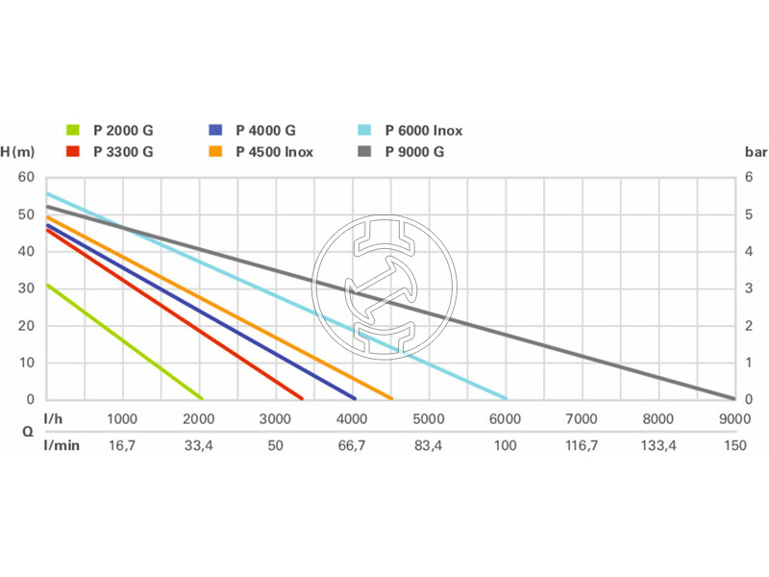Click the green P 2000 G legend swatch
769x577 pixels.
pos(73,130)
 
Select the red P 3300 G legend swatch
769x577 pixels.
pos(73,151)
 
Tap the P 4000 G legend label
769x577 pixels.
pos(265,130)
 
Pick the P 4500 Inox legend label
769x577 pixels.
pos(274,151)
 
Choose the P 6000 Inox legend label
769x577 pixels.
pos(424,130)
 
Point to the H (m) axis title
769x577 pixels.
pos(17,151)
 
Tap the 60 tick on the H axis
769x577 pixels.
pos(26,178)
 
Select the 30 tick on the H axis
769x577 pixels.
pos(26,288)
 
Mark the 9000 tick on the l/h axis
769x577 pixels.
pos(733,418)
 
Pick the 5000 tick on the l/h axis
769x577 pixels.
pos(428,418)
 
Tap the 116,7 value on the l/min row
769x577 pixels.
pos(581,445)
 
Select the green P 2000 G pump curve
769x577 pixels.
pos(123,341)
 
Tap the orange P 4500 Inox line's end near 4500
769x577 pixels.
pos(389,397)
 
